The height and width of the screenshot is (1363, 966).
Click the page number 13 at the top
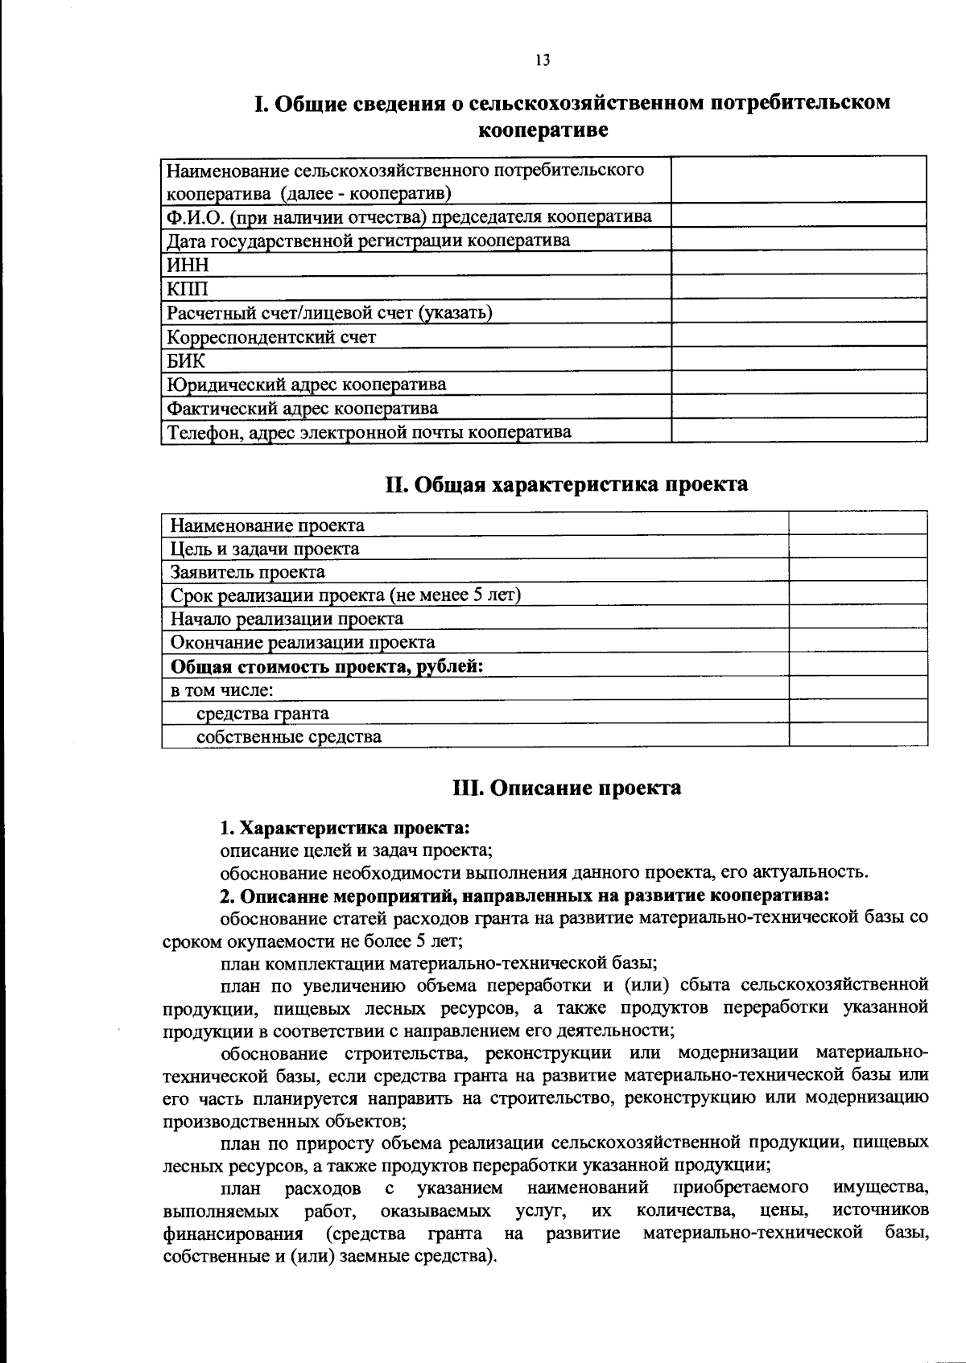542,61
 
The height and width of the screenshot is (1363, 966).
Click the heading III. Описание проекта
566,787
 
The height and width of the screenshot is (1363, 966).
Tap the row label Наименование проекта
267,525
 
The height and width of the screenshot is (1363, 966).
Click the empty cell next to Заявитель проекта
858,571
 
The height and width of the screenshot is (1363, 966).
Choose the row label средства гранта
262,713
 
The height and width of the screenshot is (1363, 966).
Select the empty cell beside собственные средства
858,736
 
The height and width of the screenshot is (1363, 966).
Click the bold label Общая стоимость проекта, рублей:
327,666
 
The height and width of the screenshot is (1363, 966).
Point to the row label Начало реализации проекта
287,619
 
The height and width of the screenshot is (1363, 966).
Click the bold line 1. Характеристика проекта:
345,828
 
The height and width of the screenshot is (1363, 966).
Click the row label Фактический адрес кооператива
303,408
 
